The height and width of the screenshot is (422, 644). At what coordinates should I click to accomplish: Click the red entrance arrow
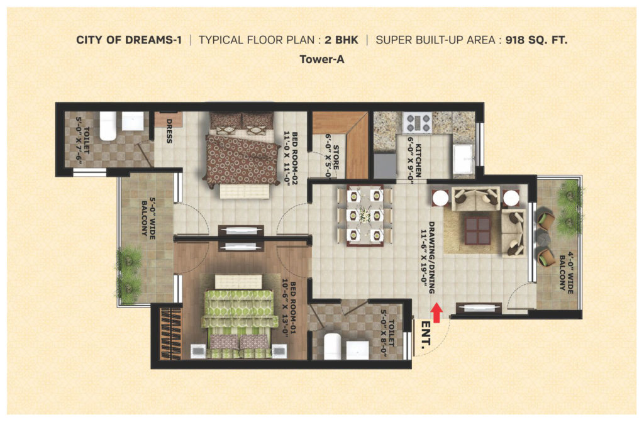(x=436, y=313)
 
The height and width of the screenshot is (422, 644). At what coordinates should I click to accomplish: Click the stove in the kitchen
(x=417, y=123)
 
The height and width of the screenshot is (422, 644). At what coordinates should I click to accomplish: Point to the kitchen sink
(x=464, y=158)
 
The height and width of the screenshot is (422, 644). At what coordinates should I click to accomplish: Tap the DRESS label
(x=169, y=131)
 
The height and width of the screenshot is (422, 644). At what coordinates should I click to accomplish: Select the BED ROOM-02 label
(x=290, y=158)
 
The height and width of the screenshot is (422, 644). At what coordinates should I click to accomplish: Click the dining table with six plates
(x=365, y=215)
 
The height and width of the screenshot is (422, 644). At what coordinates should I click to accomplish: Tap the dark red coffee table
(x=478, y=231)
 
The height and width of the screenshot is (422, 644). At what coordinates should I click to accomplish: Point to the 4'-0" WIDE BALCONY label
(x=567, y=272)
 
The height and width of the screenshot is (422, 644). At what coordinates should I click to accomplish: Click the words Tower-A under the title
(x=322, y=59)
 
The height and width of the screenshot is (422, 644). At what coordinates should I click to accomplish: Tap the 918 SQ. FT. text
(x=536, y=40)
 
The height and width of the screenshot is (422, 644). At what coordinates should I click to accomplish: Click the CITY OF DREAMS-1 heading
(x=129, y=40)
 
